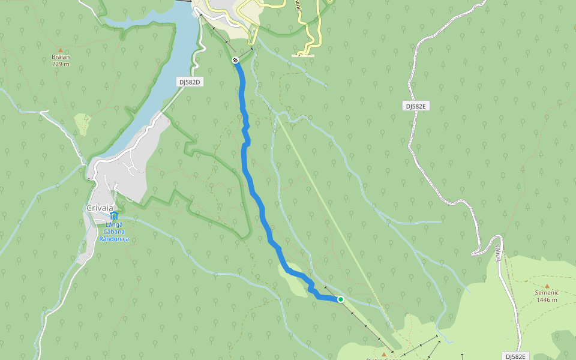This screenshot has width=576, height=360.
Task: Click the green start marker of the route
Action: click(x=340, y=299)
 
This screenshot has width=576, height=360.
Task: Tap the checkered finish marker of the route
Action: click(x=236, y=60)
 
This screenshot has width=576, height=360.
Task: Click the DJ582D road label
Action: click(x=189, y=82)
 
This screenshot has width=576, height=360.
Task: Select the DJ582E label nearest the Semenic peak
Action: click(x=514, y=356)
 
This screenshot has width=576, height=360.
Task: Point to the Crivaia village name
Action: click(x=100, y=208)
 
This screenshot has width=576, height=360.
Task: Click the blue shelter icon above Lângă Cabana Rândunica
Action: click(x=114, y=215)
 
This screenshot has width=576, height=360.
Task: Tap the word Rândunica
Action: click(x=114, y=239)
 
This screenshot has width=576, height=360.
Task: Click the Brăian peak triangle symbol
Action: click(x=61, y=50)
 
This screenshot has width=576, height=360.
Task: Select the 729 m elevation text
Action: click(x=61, y=64)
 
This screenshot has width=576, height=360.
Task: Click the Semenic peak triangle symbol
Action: click(x=547, y=286)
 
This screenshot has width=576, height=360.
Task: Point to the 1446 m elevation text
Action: click(x=547, y=300)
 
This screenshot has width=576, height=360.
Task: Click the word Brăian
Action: click(x=61, y=58)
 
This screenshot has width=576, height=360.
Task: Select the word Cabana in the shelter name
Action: click(x=114, y=232)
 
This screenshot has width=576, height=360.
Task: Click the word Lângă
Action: click(x=114, y=224)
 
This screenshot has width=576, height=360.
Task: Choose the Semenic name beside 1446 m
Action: click(x=547, y=293)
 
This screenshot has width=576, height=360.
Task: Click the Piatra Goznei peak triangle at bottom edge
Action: click(x=384, y=355)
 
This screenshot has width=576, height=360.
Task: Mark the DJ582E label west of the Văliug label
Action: click(x=415, y=106)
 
